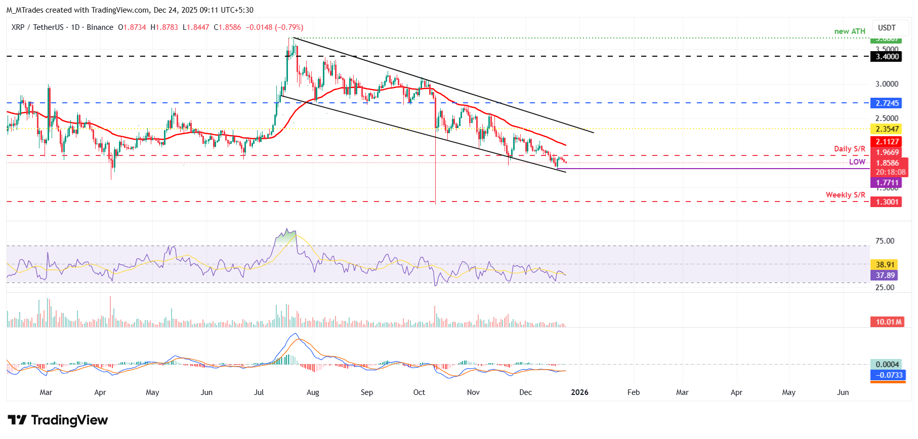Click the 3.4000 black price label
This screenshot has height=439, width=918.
(887, 57)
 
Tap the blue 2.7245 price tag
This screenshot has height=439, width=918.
(887, 103)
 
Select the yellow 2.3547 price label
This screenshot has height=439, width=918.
(887, 129)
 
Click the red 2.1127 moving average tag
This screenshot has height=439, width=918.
(887, 142)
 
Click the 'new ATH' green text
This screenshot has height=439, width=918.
(850, 31)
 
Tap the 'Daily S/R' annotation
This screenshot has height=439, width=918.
(849, 149)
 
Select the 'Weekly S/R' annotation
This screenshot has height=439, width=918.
(845, 195)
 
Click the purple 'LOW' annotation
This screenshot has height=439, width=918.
(857, 162)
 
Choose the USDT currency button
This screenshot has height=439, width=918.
(887, 28)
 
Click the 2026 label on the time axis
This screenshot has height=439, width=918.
(579, 392)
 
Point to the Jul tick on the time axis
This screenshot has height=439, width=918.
(259, 392)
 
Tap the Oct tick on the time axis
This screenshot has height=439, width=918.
(419, 392)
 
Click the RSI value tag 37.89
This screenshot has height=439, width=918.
(885, 275)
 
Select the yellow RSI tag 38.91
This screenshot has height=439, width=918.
(885, 265)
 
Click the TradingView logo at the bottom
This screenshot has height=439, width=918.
(58, 420)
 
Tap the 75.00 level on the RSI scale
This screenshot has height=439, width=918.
(885, 241)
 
